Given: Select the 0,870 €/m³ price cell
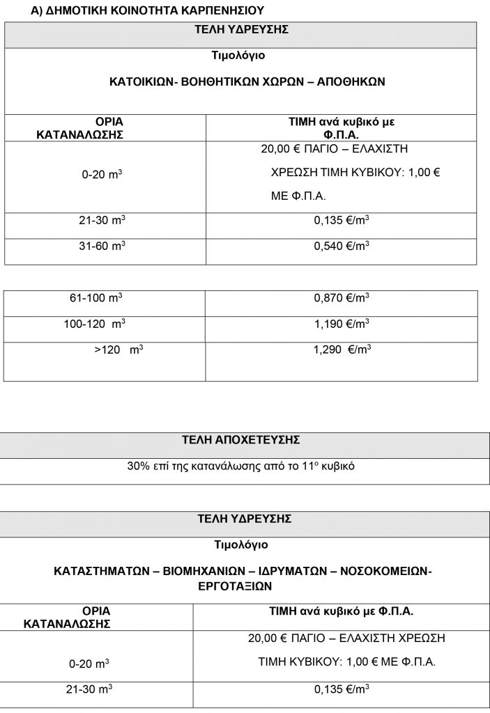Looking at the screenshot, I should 341,298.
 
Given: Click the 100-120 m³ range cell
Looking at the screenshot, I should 97,324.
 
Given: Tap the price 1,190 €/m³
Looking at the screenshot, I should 341,324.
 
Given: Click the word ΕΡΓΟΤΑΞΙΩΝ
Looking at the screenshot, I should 240,586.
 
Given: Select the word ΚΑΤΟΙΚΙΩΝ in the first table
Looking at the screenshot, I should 139,81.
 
